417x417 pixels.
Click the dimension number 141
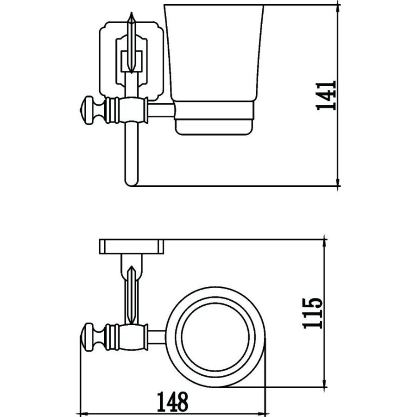tap(326, 95)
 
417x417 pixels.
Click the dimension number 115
tap(313, 313)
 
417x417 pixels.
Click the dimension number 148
tap(172, 402)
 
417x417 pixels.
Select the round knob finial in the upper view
tap(89, 110)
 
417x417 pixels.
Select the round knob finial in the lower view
tap(89, 337)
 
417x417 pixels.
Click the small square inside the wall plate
tap(132, 61)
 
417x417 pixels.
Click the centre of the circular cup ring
tap(215, 336)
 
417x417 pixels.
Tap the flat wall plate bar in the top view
tap(132, 246)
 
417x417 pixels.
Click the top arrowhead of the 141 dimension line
tap(338, 7)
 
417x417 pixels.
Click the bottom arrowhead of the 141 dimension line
tap(338, 183)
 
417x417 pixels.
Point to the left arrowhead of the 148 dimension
tap(84, 414)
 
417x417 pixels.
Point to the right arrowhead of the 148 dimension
tap(262, 414)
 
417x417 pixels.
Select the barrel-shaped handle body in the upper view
tap(127, 110)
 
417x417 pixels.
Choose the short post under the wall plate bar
tap(132, 266)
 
